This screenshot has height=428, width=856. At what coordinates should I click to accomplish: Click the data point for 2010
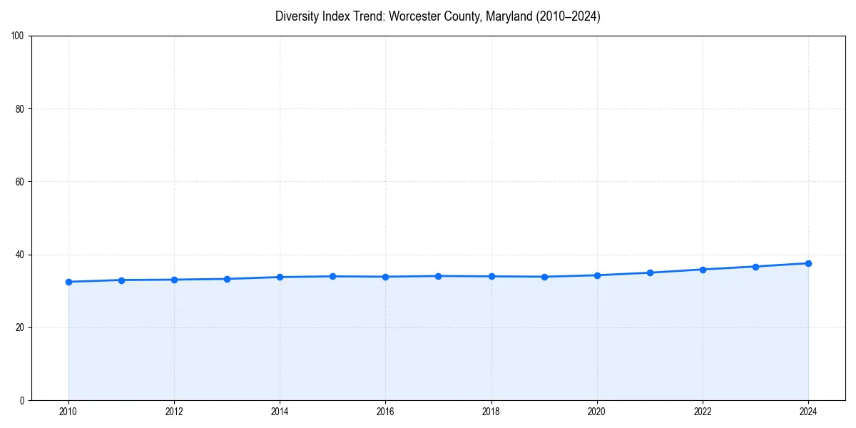(x=68, y=282)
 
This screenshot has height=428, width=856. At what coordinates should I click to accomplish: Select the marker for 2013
(x=227, y=279)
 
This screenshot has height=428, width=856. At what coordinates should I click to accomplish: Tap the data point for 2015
(x=332, y=276)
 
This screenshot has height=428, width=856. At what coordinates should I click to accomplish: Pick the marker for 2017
(x=438, y=276)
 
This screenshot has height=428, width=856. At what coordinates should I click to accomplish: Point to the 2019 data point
(x=544, y=277)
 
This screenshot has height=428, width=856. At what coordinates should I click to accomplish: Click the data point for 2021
(x=650, y=272)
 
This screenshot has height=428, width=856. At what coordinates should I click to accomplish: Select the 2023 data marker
(x=755, y=267)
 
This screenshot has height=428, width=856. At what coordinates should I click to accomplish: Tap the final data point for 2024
(x=808, y=263)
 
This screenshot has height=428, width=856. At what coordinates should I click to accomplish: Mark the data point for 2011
(x=121, y=280)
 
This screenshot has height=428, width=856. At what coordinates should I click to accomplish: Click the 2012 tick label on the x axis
(x=174, y=412)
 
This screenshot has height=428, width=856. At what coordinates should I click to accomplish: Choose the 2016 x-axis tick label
(x=385, y=412)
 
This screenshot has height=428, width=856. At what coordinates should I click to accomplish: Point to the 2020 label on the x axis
(x=597, y=412)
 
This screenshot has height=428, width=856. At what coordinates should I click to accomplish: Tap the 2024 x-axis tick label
(x=808, y=412)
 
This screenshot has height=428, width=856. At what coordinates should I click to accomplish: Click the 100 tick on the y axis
(x=18, y=36)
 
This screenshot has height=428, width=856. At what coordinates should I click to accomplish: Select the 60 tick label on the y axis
(x=20, y=182)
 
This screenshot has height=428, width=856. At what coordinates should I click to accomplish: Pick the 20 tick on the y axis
(x=20, y=327)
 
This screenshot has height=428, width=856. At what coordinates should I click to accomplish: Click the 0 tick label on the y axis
(x=22, y=400)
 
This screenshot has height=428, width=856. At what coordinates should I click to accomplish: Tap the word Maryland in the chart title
(x=506, y=16)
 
